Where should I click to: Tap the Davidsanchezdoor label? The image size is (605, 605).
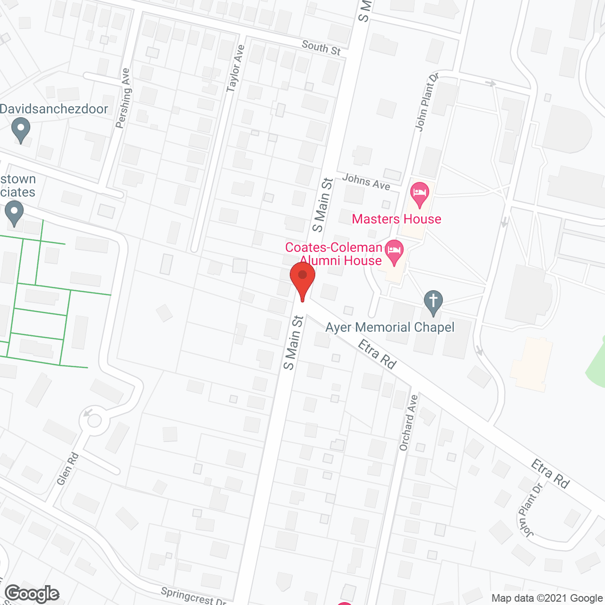[x=54, y=109]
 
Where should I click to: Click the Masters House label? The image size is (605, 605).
[x=396, y=219]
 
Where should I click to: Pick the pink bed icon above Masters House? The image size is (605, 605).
[x=420, y=194]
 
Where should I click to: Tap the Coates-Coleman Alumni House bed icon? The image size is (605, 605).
[x=394, y=251]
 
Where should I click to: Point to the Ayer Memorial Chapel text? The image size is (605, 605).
[x=390, y=327]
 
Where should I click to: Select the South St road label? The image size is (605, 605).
[x=321, y=48]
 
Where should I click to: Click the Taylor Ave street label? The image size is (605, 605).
[x=235, y=69]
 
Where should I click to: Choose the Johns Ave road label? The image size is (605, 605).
[x=366, y=181]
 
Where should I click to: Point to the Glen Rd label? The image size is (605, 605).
[x=68, y=468]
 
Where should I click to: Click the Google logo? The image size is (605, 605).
[x=32, y=594]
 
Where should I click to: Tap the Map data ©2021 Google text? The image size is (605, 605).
[x=547, y=598]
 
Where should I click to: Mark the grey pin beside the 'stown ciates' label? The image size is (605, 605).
[x=14, y=212]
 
